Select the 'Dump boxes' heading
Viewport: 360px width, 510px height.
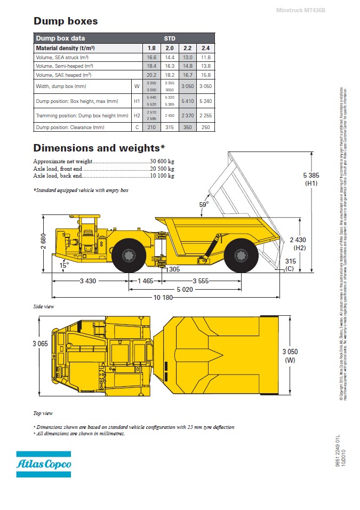pos(66,21)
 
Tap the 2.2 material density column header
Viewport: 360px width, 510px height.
pos(188,48)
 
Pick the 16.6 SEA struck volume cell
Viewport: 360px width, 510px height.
pos(151,57)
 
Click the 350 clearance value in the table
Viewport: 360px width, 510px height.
pos(188,127)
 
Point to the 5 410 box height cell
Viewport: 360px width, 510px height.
pos(188,101)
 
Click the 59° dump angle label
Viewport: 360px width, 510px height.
pos(204,204)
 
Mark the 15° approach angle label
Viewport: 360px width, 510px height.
pos(64,265)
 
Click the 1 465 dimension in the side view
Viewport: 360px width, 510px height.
pos(145,281)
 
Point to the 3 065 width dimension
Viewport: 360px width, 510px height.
pos(40,344)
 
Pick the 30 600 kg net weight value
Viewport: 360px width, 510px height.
pos(163,161)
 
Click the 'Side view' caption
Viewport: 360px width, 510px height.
pos(44,307)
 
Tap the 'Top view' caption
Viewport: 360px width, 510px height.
pos(43,413)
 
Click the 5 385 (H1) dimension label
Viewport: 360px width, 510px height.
pos(311,178)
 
